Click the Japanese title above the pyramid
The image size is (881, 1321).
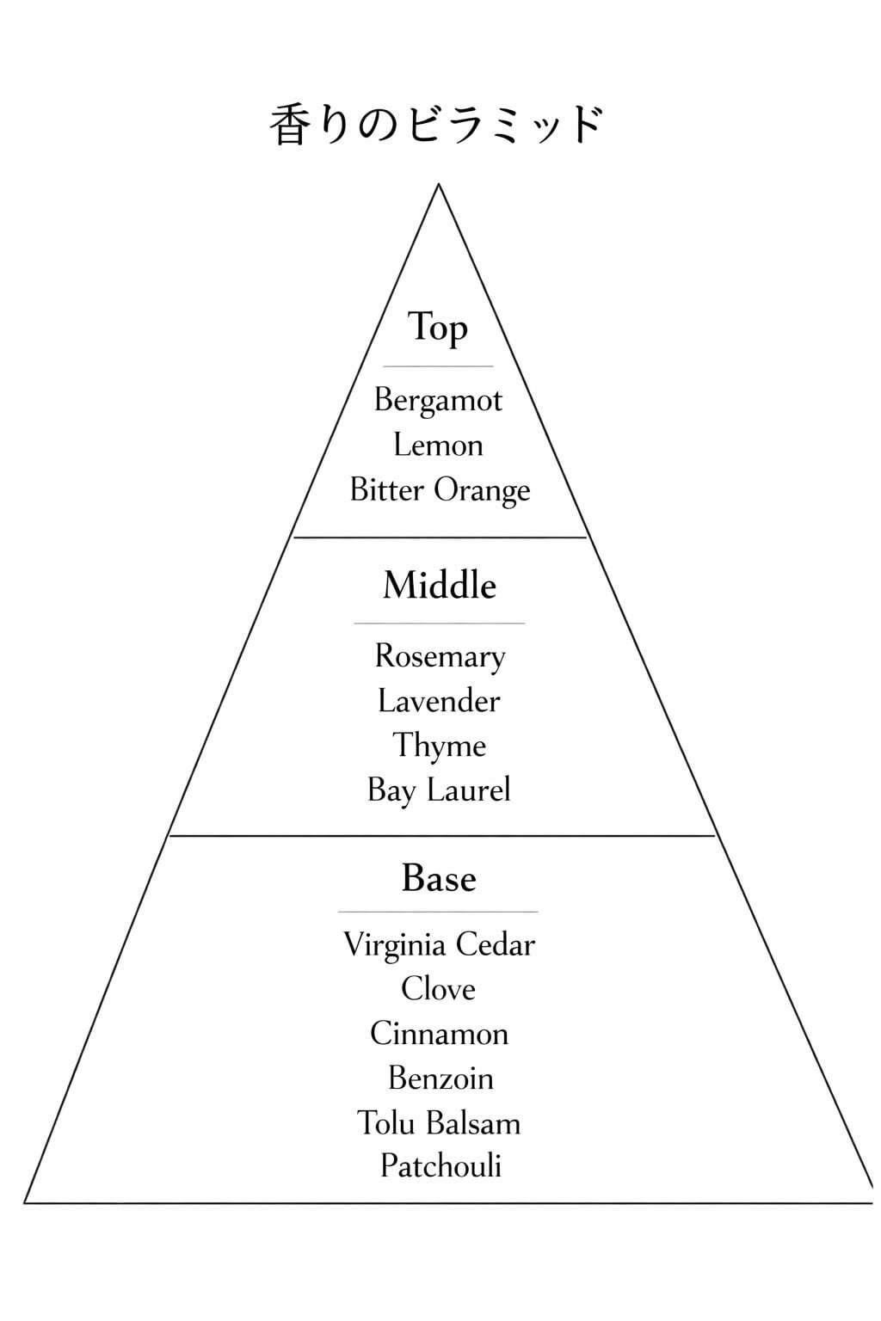tap(437, 126)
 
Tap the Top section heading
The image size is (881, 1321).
tap(438, 328)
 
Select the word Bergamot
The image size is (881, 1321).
tap(438, 401)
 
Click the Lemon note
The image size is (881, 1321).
tap(438, 445)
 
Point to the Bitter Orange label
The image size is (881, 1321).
tap(440, 490)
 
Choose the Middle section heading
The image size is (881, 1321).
tap(440, 586)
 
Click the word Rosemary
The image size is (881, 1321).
tap(440, 656)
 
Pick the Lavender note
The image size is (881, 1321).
tap(439, 701)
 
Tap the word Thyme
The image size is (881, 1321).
tap(439, 746)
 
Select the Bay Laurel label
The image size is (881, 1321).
tap(439, 790)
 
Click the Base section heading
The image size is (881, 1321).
tap(439, 879)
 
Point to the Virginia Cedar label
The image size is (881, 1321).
tap(439, 944)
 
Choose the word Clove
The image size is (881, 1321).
tap(438, 989)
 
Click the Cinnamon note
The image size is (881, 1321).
tap(439, 1034)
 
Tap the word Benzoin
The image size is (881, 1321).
tap(440, 1078)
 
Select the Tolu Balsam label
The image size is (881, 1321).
tap(439, 1123)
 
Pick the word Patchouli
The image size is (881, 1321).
tap(440, 1166)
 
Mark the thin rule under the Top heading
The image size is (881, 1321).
tap(438, 366)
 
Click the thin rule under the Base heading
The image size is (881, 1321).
tap(438, 912)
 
